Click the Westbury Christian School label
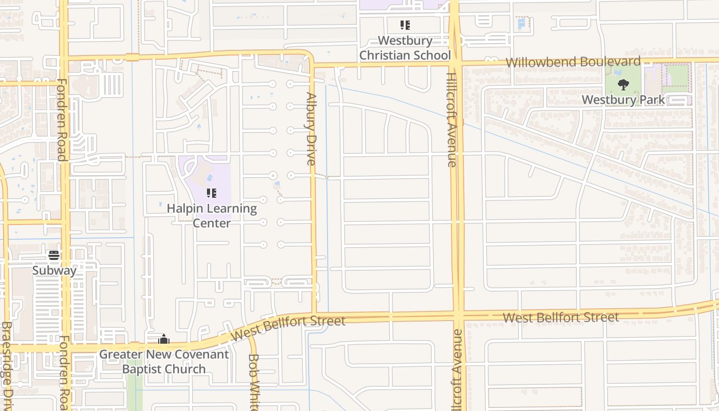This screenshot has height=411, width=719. [x=405, y=48]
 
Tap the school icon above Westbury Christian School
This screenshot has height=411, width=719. [x=405, y=25]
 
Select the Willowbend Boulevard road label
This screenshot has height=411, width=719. [x=573, y=62]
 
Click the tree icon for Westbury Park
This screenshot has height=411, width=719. [x=623, y=84]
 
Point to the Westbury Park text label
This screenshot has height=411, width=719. [x=623, y=100]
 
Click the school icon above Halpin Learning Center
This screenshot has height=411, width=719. [x=211, y=193]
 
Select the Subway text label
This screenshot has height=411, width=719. [x=54, y=270]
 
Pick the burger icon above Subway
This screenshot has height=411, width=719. [x=54, y=255]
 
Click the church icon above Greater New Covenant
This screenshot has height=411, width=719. [x=164, y=339]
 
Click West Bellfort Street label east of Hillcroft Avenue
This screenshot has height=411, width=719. [x=561, y=317]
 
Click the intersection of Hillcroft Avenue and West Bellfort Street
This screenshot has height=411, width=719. [x=457, y=315]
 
